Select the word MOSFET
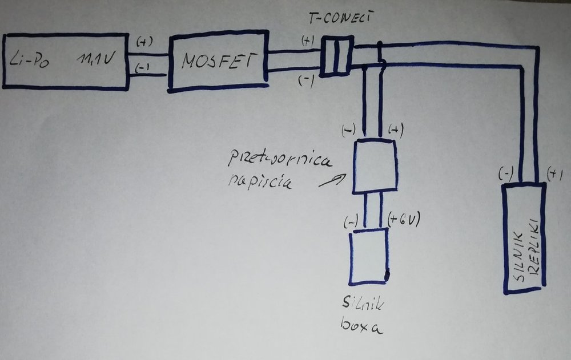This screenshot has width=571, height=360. click(x=217, y=61)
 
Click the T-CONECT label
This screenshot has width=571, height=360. click(x=340, y=19)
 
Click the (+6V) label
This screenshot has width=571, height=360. click(x=403, y=219)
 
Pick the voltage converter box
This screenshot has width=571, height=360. click(x=375, y=167)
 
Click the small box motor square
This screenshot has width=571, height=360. click(x=368, y=256)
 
